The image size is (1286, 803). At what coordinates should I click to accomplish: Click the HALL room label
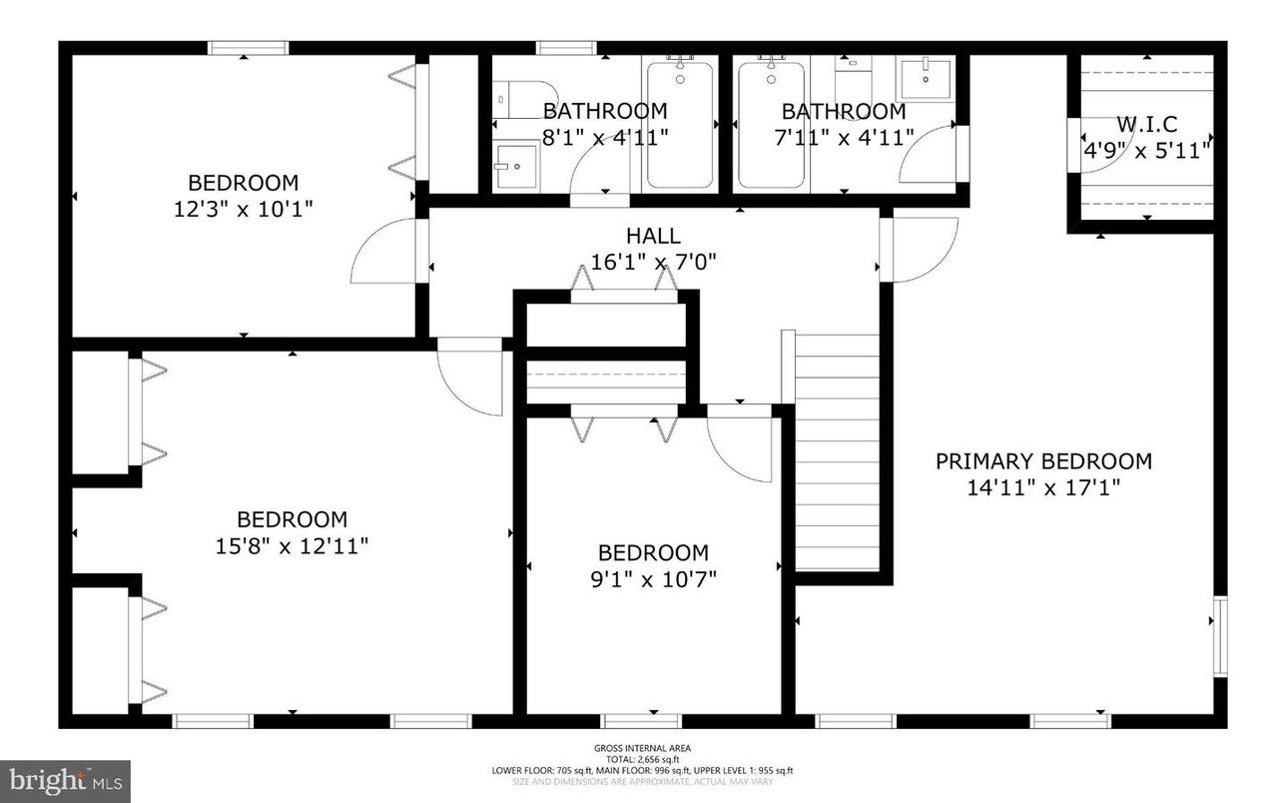653,236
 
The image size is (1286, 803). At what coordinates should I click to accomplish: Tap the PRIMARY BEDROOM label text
1043,461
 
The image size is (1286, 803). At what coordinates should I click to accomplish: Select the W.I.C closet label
1146,125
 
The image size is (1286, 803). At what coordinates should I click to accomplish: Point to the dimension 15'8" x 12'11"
292,546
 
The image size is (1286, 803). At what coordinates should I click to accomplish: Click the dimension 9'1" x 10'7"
653,579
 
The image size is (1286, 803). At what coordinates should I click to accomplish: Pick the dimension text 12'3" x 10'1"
243,210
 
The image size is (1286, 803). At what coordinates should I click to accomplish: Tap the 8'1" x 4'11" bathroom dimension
604,137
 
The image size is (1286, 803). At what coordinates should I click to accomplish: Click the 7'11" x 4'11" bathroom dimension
843,137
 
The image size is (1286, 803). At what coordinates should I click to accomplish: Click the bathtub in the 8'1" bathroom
680,125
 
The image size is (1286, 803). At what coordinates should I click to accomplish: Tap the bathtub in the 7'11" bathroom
771,125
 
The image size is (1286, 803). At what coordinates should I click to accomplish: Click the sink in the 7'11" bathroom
926,76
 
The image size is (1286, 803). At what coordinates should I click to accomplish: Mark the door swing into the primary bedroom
919,250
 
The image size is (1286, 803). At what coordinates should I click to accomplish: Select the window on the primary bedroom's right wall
1220,636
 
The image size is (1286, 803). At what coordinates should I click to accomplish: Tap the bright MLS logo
65,777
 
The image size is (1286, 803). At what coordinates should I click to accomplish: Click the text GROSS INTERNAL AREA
642,748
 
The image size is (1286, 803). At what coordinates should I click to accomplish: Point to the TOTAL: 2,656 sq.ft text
642,759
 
